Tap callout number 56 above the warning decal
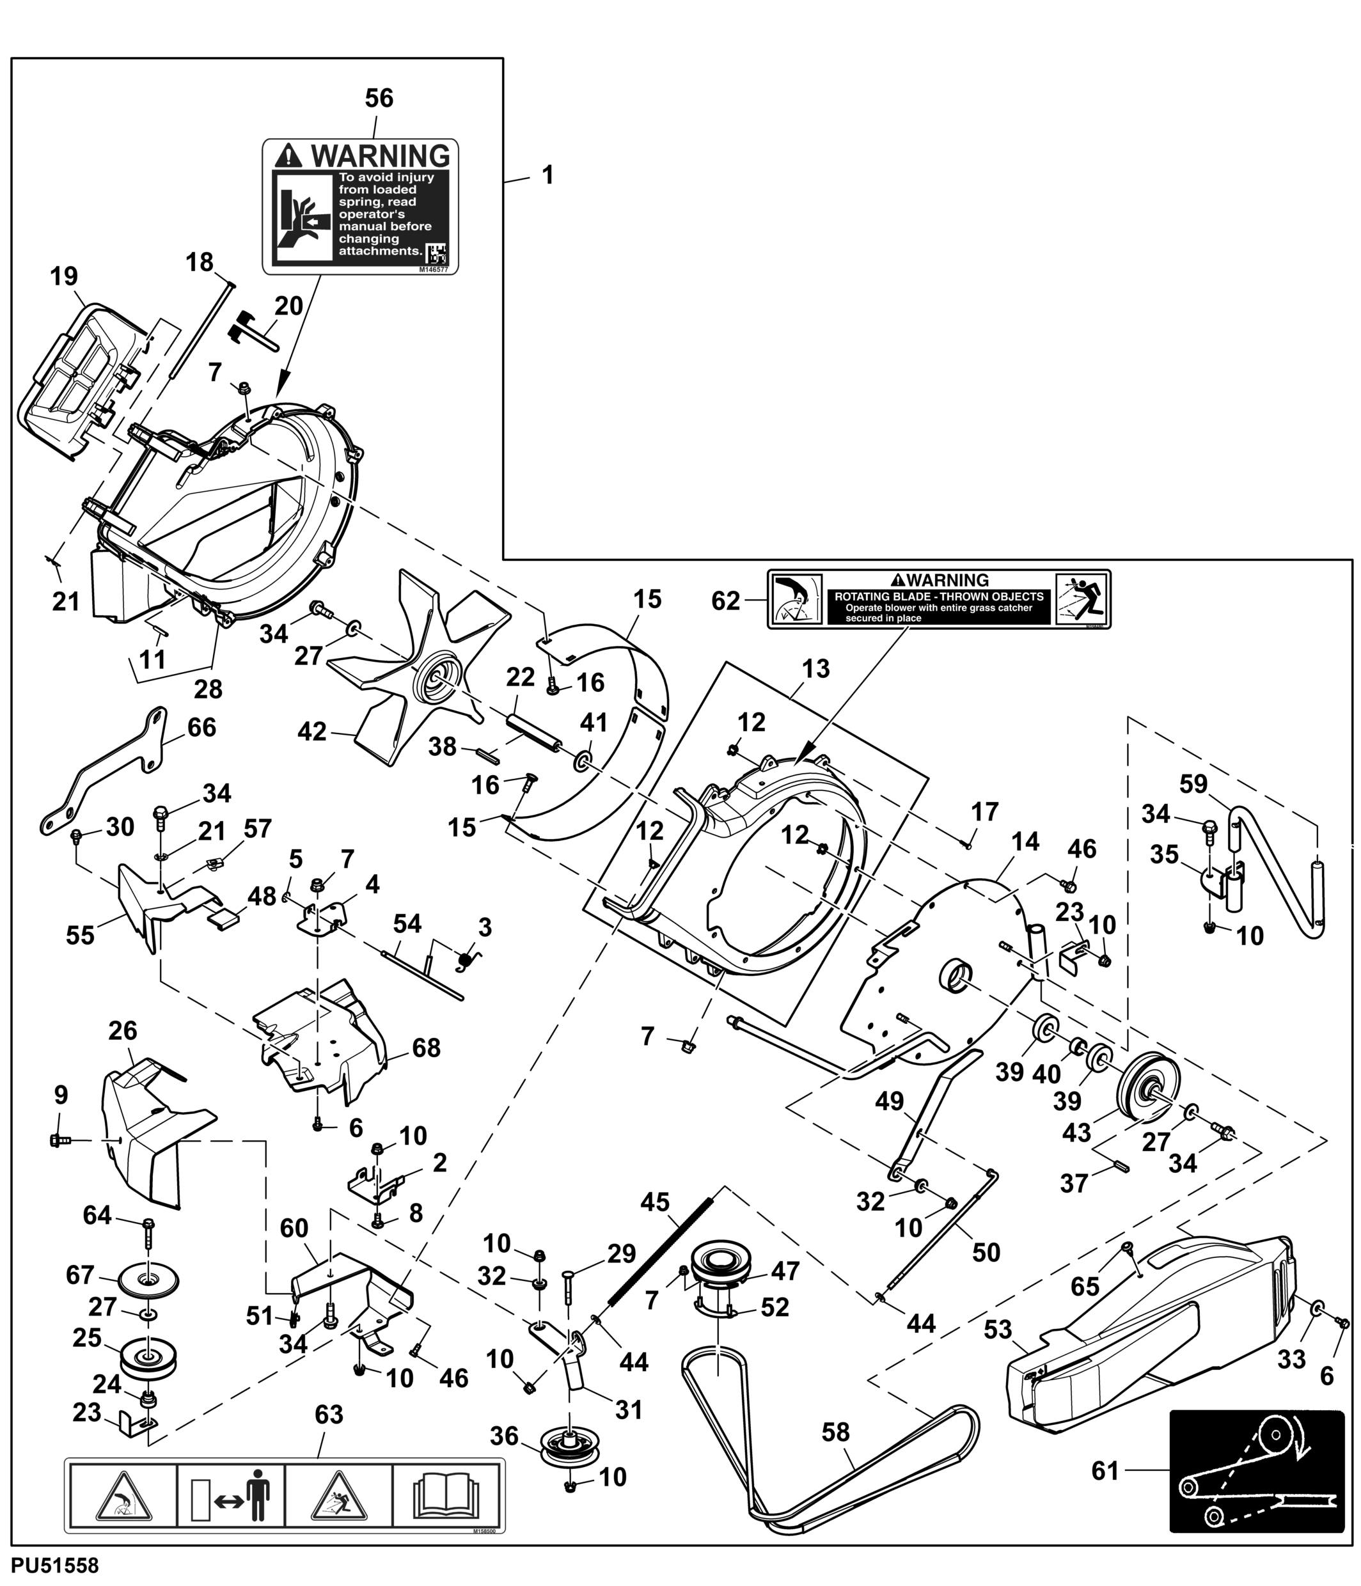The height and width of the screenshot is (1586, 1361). click(379, 98)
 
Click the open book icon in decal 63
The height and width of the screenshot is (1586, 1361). click(446, 1493)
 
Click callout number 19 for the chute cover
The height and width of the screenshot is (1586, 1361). click(65, 276)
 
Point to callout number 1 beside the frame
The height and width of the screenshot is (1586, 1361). click(547, 175)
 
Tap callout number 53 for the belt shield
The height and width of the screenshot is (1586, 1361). click(997, 1330)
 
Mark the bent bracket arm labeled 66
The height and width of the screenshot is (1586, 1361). click(107, 773)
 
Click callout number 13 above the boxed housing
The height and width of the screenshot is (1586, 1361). click(816, 669)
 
